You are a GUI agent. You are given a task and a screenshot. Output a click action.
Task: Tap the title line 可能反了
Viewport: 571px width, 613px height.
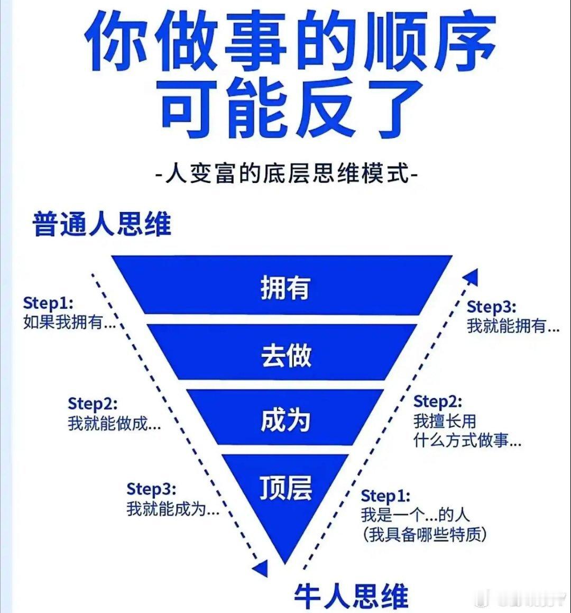(x=285, y=108)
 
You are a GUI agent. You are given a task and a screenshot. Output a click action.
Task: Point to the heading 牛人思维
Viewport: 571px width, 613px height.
(x=352, y=596)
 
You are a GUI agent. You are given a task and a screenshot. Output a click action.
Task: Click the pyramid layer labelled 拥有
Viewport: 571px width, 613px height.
(x=284, y=287)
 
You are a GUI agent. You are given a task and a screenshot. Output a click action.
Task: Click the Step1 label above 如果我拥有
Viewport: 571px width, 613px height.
(x=48, y=303)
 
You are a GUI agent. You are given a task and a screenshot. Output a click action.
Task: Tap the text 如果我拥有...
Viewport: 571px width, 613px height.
(x=69, y=322)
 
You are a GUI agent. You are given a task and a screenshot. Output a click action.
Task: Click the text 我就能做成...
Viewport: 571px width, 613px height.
(x=114, y=423)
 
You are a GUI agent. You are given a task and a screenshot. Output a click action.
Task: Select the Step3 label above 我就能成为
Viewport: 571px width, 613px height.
(x=151, y=489)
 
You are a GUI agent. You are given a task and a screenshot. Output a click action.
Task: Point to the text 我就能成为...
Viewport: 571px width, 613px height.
(x=173, y=509)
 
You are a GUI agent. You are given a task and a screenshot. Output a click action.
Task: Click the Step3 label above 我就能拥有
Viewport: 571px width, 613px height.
(x=491, y=307)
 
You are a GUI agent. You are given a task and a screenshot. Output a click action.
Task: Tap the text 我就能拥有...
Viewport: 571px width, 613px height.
(x=513, y=326)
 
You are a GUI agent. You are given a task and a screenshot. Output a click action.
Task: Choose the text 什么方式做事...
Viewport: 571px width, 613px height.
(x=467, y=441)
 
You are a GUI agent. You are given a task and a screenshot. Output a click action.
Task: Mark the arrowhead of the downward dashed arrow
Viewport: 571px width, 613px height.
(x=260, y=568)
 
